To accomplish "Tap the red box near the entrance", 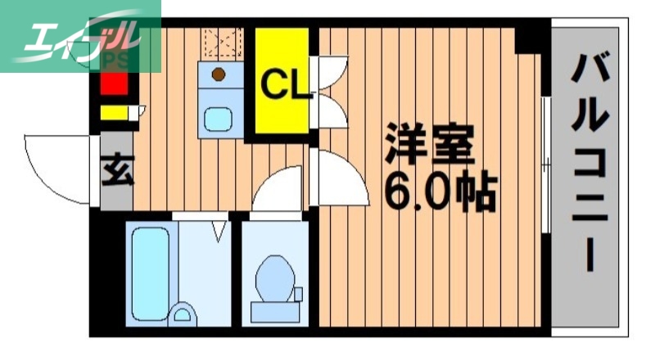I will coord(114,83).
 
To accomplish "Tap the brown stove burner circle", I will coord(218,74).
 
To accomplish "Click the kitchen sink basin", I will coord(219,119).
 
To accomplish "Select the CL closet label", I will coord(282,83).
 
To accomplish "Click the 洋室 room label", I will coord(429,145).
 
